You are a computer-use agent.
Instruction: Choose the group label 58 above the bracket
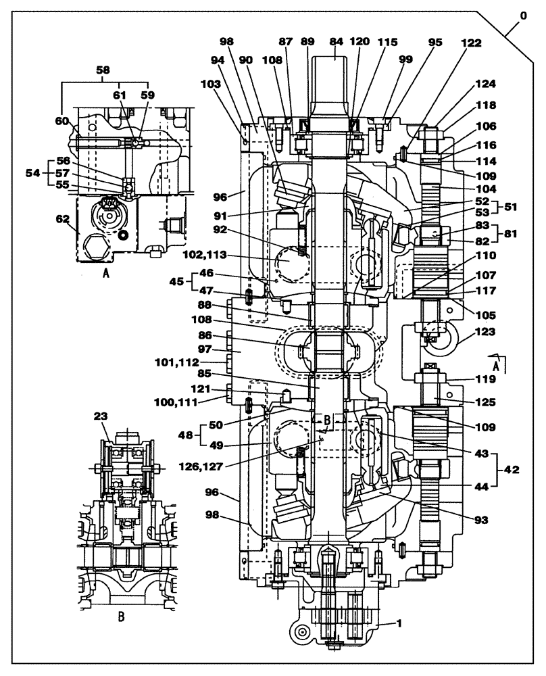point(103,70)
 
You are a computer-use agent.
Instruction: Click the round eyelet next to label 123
point(440,341)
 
